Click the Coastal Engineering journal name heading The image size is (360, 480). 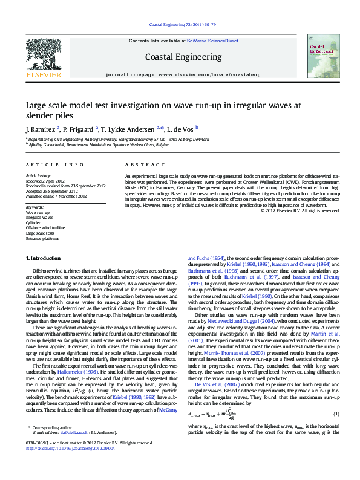click(x=183, y=57)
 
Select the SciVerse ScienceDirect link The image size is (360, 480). click(x=212, y=41)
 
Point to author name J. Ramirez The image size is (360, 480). click(x=41, y=129)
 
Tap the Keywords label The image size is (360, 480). click(x=35, y=208)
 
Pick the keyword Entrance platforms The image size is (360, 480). click(x=42, y=238)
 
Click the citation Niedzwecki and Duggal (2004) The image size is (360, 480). click(x=246, y=321)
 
